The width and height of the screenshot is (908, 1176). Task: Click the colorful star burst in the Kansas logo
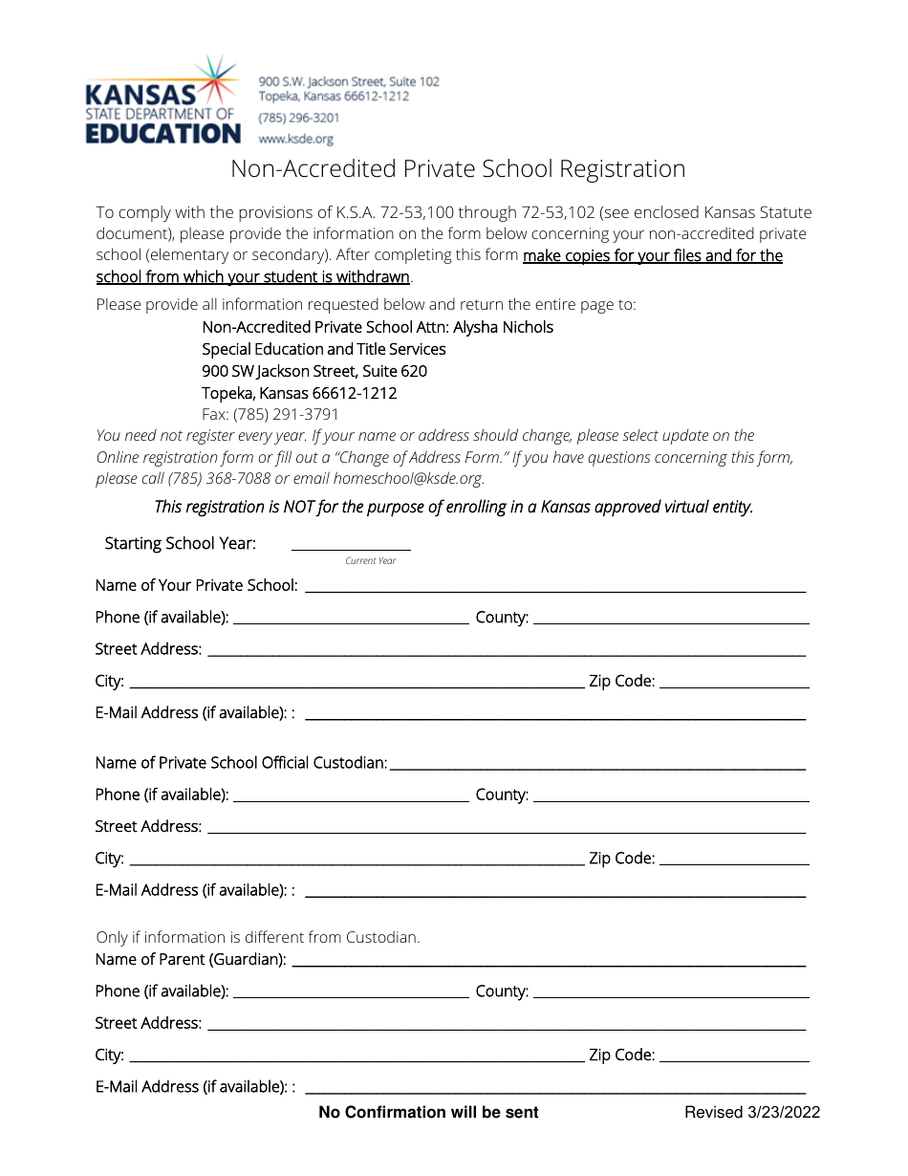point(218,80)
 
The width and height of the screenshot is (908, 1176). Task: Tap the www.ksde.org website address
point(295,139)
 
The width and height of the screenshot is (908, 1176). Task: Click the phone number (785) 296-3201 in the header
point(298,118)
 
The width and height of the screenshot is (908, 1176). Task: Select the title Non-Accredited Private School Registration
point(458,169)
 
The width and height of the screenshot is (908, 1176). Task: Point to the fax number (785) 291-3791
point(270,415)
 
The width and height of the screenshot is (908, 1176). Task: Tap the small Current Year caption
point(370,561)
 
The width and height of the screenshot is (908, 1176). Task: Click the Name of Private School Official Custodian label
point(241,763)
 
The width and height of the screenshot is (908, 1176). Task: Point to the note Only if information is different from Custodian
point(258,937)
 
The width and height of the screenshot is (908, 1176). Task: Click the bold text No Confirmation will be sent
point(428,1112)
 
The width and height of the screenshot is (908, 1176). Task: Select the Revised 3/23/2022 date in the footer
point(751,1112)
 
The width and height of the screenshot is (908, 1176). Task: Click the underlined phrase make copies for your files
point(612,255)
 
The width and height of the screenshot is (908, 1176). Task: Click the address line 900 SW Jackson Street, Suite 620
point(314,371)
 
